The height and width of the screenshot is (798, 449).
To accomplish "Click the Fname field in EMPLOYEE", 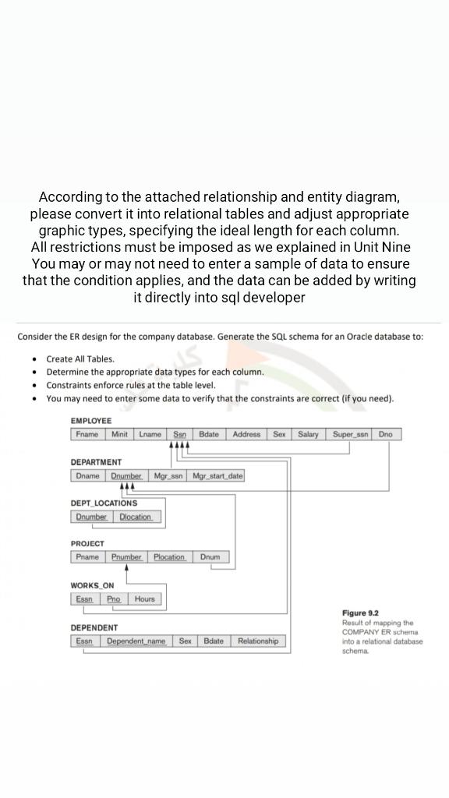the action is (x=88, y=434).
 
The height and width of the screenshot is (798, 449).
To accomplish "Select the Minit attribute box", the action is (x=120, y=434).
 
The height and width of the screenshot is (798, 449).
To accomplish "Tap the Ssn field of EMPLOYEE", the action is (x=179, y=434).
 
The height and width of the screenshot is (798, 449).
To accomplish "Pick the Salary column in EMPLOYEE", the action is (x=308, y=434).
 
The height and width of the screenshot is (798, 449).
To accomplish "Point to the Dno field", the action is (x=387, y=434).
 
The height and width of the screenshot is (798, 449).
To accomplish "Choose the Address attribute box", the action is (x=247, y=434).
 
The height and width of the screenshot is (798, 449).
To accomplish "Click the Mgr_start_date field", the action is (x=217, y=475).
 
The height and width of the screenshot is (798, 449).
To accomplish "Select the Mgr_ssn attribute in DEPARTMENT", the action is (x=168, y=475).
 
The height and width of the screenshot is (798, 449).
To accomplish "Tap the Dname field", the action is (x=88, y=475).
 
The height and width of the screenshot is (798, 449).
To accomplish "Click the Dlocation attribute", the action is (x=136, y=517).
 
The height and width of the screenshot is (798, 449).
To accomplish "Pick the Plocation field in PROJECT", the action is (x=169, y=557).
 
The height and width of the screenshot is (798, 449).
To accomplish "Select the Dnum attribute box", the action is (x=210, y=557).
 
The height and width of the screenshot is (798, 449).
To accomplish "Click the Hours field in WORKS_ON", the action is (x=145, y=599).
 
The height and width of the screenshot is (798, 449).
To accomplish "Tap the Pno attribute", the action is (x=114, y=599).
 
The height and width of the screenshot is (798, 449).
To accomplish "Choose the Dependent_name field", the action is (x=136, y=641).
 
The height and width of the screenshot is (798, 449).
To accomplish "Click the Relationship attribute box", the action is (x=258, y=641).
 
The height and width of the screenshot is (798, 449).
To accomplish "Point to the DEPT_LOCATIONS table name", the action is (x=104, y=503).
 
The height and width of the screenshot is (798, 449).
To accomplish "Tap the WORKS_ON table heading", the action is (x=92, y=585).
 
